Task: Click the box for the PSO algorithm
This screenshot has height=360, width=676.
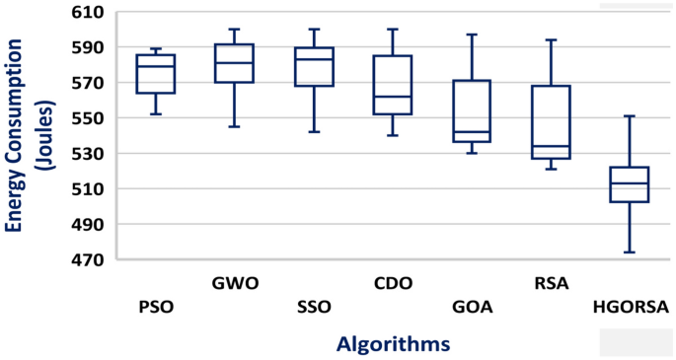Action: pyautogui.click(x=156, y=74)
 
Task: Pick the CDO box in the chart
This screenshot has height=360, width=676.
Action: pyautogui.click(x=393, y=85)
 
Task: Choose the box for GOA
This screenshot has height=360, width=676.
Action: pyautogui.click(x=472, y=111)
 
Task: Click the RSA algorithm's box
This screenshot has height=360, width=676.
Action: pyautogui.click(x=551, y=122)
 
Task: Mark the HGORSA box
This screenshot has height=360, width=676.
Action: pyautogui.click(x=630, y=184)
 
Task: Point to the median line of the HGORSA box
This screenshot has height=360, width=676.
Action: pyautogui.click(x=630, y=183)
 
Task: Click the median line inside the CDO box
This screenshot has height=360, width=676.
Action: pyautogui.click(x=393, y=97)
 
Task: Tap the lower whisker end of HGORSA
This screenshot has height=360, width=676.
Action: pyautogui.click(x=630, y=252)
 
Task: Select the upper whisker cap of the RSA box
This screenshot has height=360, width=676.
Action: pyautogui.click(x=551, y=40)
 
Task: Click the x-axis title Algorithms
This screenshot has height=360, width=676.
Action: pyautogui.click(x=393, y=343)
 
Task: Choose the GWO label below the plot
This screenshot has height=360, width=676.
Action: pyautogui.click(x=235, y=284)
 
